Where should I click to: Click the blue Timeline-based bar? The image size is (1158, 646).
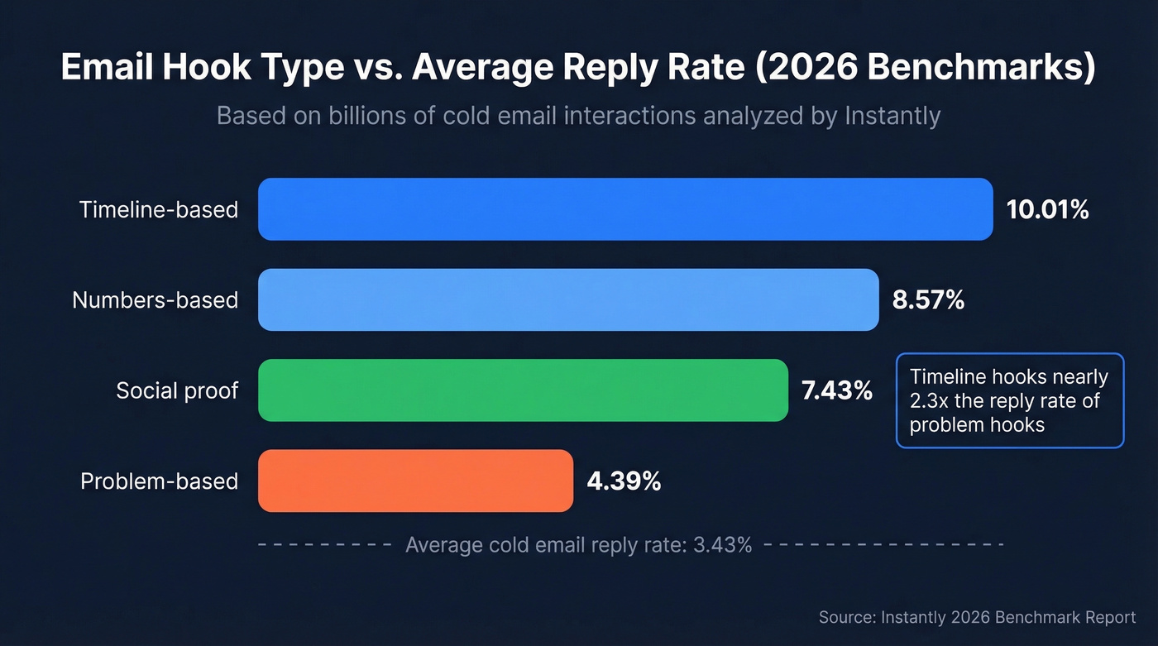pyautogui.click(x=625, y=209)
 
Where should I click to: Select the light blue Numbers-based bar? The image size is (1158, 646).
pyautogui.click(x=568, y=299)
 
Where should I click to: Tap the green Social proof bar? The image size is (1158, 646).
pyautogui.click(x=523, y=390)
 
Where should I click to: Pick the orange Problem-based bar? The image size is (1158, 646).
pyautogui.click(x=415, y=481)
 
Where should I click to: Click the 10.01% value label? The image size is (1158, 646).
pyautogui.click(x=1047, y=210)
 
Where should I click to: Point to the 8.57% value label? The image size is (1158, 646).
pyautogui.click(x=928, y=300)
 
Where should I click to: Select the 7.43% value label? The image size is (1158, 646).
pyautogui.click(x=837, y=390)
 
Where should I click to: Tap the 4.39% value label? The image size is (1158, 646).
pyautogui.click(x=624, y=481)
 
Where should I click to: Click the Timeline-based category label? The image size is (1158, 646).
pyautogui.click(x=159, y=210)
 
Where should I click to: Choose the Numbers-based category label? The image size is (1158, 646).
pyautogui.click(x=155, y=300)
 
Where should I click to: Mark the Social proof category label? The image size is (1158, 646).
pyautogui.click(x=177, y=390)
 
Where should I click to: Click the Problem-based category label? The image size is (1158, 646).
pyautogui.click(x=159, y=481)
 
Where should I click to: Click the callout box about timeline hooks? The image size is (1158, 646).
pyautogui.click(x=1010, y=400)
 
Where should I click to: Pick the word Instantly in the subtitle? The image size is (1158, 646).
pyautogui.click(x=892, y=116)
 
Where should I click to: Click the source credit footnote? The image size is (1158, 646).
pyautogui.click(x=977, y=618)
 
